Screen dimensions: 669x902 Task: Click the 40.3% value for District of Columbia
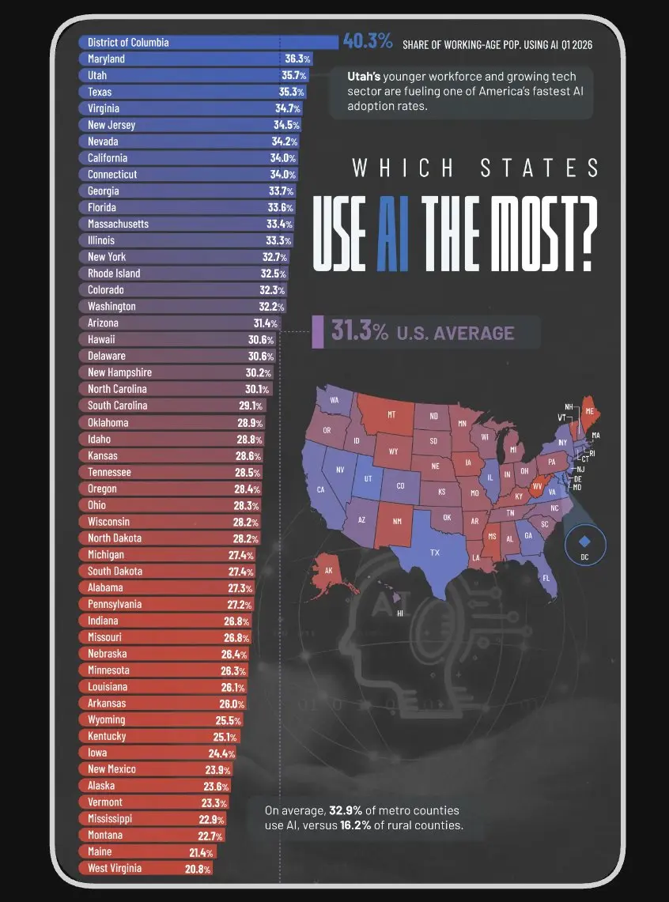(369, 41)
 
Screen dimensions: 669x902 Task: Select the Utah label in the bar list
(97, 75)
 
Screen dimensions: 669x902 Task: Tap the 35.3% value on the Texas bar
(293, 92)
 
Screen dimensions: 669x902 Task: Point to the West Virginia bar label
(115, 868)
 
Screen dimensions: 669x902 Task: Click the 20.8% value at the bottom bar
(198, 870)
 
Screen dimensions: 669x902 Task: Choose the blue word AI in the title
(393, 233)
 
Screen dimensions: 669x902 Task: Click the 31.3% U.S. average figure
(360, 332)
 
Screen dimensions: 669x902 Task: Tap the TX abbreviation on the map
(435, 553)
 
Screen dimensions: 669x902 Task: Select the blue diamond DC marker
(584, 542)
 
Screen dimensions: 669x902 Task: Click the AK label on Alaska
(328, 571)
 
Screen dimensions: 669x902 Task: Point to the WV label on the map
(537, 486)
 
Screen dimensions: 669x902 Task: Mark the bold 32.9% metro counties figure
(346, 810)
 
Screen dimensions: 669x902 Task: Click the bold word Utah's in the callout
(364, 77)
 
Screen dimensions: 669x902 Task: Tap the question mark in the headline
(586, 233)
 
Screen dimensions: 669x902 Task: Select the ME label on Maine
(590, 411)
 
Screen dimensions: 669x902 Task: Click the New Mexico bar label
(111, 769)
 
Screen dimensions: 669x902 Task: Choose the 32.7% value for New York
(274, 257)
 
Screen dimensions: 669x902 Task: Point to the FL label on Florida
(546, 578)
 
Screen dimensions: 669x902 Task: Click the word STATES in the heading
(540, 168)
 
